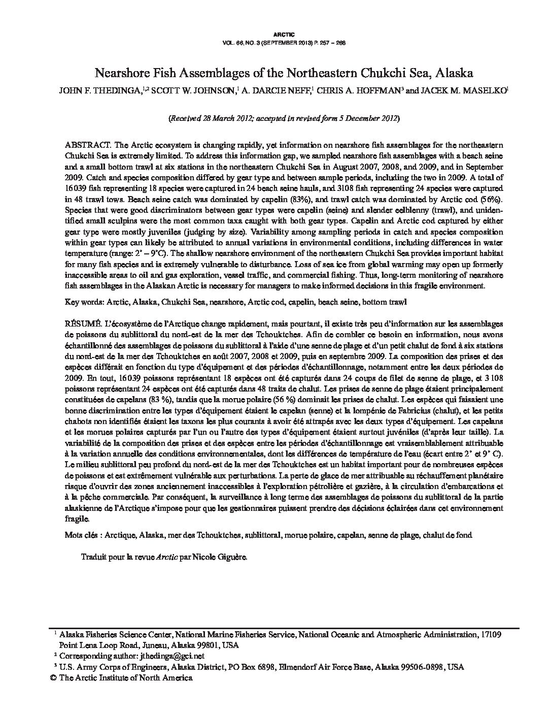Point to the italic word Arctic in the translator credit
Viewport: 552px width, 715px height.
pyautogui.click(x=166, y=557)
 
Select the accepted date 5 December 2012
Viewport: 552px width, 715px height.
pyautogui.click(x=364, y=119)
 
